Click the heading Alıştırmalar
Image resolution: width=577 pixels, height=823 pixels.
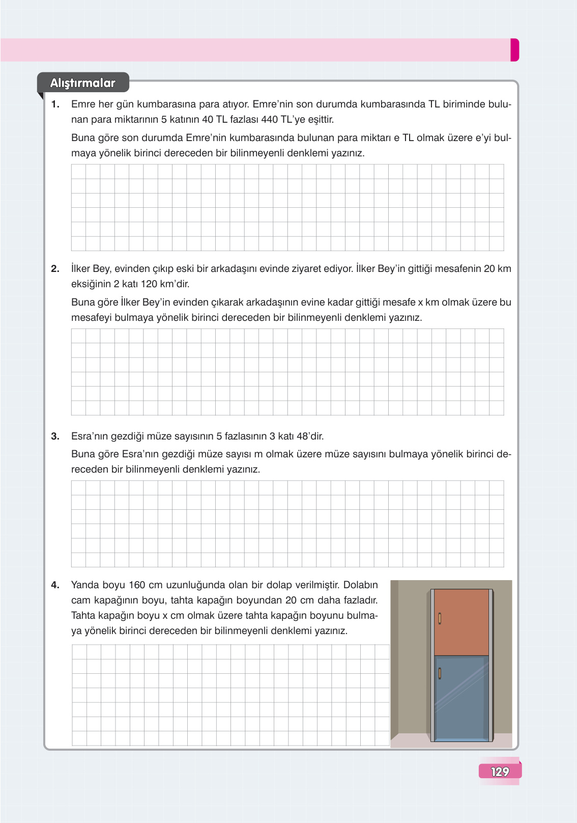coord(82,83)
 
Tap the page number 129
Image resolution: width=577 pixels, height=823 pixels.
coord(500,772)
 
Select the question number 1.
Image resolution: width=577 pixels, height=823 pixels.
coord(55,104)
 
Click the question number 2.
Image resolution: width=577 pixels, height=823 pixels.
coord(55,269)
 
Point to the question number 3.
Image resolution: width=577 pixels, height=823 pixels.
coord(55,436)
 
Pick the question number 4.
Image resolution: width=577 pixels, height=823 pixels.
coord(55,585)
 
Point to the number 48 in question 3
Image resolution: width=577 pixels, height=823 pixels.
coord(303,436)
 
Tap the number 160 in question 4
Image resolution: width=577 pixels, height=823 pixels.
coord(137,585)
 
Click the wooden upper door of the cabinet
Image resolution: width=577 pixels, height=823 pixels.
coord(461,622)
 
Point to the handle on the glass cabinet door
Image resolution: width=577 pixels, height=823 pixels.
coord(440,673)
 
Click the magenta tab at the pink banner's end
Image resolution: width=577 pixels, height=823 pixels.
coord(514,50)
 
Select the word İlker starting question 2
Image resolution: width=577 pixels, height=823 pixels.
coord(80,269)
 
